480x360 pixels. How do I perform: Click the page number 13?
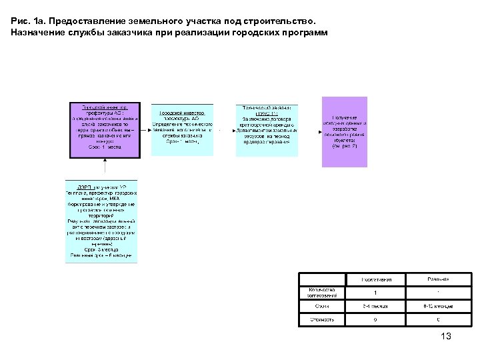pos(446,337)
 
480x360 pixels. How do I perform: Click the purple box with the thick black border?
pos(105,129)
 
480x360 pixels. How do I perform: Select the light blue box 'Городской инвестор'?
pos(182,129)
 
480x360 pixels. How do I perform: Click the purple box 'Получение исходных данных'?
pos(345,131)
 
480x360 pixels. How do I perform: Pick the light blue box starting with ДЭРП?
pos(102,221)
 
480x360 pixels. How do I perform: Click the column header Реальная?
pos(437,279)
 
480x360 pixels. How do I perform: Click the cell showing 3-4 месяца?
pos(375,306)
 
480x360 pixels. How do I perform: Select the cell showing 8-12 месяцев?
pos(437,306)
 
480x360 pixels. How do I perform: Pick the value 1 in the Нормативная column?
pos(375,292)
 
